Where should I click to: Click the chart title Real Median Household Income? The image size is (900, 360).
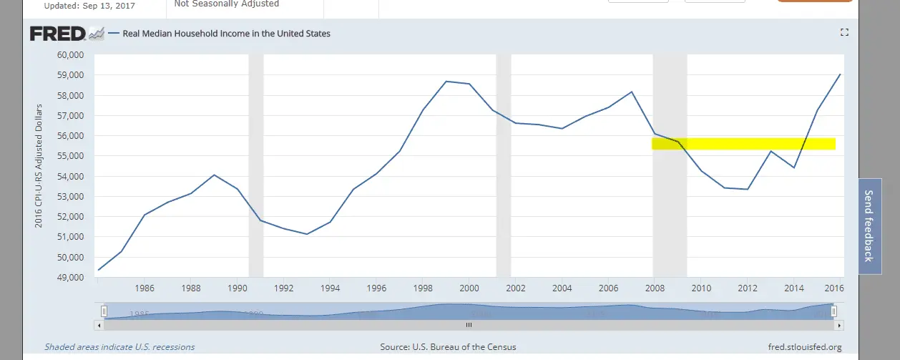pyautogui.click(x=225, y=34)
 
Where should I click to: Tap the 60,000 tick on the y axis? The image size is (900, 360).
pyautogui.click(x=69, y=55)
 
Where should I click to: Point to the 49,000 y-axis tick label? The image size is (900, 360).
pyautogui.click(x=69, y=277)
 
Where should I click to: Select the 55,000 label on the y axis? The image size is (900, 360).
pyautogui.click(x=69, y=156)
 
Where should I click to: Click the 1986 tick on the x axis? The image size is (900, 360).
pyautogui.click(x=144, y=289)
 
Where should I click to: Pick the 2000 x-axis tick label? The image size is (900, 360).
pyautogui.click(x=468, y=289)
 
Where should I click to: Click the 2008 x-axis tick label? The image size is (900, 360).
pyautogui.click(x=653, y=289)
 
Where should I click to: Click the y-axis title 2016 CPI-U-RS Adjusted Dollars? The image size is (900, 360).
pyautogui.click(x=39, y=166)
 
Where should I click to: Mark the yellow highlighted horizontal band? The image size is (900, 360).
pyautogui.click(x=744, y=144)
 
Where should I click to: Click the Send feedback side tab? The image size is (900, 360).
pyautogui.click(x=869, y=225)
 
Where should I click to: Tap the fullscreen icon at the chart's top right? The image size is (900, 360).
pyautogui.click(x=844, y=32)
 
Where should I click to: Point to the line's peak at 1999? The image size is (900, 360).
pyautogui.click(x=446, y=82)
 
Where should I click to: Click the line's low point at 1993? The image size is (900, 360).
pyautogui.click(x=307, y=234)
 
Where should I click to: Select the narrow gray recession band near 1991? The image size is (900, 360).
pyautogui.click(x=255, y=166)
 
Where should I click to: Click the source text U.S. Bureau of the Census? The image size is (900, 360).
pyautogui.click(x=448, y=347)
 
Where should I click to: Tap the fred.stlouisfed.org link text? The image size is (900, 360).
pyautogui.click(x=804, y=347)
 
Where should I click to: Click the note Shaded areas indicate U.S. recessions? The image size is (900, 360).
pyautogui.click(x=119, y=347)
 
